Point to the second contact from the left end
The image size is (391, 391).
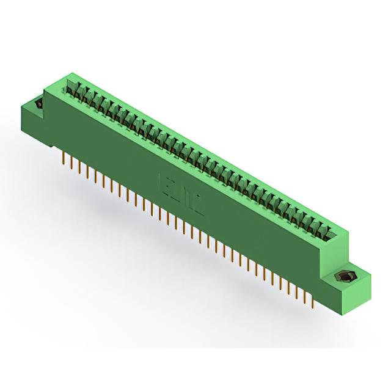tap(79, 91)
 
